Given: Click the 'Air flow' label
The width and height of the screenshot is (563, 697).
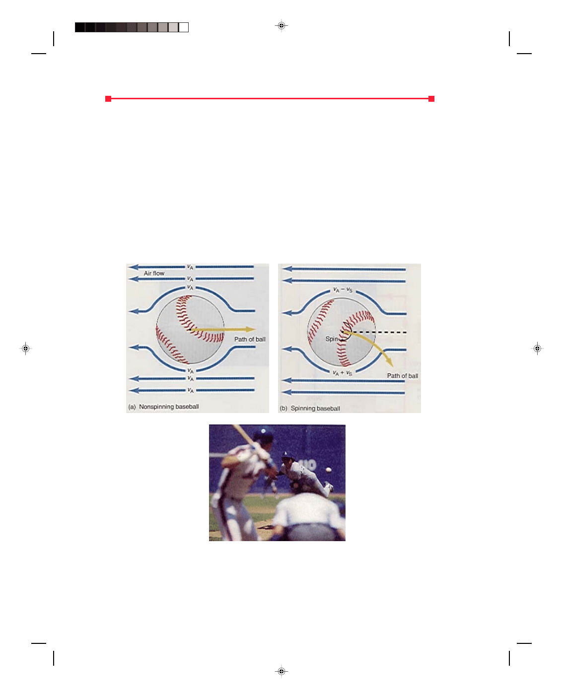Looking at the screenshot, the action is coord(154,273).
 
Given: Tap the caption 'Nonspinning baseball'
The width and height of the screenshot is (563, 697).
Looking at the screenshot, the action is coord(169,407).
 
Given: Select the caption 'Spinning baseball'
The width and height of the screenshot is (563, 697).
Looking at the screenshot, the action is coord(315,409).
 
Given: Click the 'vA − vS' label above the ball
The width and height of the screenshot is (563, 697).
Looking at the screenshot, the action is coord(343,290).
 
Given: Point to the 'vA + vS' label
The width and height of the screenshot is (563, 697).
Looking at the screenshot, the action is coord(342,373).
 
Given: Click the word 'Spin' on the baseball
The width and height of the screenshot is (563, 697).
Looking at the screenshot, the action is coord(331,339).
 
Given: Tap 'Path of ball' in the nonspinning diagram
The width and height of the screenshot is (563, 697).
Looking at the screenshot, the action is coord(250,340).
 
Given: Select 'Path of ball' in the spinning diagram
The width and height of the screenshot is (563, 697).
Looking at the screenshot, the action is coord(402,376).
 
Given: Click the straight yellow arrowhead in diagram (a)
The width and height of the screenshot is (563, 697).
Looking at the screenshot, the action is coord(250,329).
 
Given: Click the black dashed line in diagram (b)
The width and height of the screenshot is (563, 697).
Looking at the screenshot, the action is coord(374,333).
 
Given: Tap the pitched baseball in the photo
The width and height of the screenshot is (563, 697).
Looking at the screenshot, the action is coord(328,470).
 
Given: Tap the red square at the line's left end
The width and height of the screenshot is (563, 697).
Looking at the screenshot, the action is coord(108,98).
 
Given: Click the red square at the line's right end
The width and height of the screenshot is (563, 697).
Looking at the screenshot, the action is coord(431,98).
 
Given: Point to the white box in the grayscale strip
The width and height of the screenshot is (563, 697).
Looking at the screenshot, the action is coord(184,27).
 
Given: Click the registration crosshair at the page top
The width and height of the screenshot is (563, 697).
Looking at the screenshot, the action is coord(281,25).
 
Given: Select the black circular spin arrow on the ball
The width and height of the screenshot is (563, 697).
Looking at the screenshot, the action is coord(347,331).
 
